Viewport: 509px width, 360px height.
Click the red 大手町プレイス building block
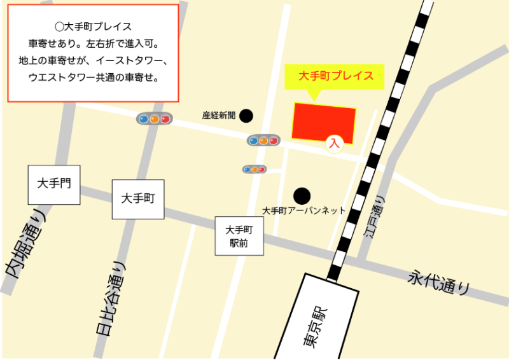point(324,120)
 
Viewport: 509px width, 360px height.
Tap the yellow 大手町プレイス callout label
point(336,76)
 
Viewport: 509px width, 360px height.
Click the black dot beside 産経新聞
point(246,116)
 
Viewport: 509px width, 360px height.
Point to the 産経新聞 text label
point(219,116)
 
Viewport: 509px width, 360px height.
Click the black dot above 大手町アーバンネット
point(302,195)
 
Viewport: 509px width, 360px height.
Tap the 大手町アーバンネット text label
point(303,211)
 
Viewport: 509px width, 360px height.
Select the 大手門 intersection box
point(54,184)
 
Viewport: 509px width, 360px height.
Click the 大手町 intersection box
point(138,199)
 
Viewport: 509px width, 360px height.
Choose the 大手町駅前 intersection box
point(239,236)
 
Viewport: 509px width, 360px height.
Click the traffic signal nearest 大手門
point(155,119)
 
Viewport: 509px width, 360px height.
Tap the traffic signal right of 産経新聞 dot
point(263,141)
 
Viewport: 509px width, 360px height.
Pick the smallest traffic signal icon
point(254,169)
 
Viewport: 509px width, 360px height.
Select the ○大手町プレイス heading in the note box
point(93,27)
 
